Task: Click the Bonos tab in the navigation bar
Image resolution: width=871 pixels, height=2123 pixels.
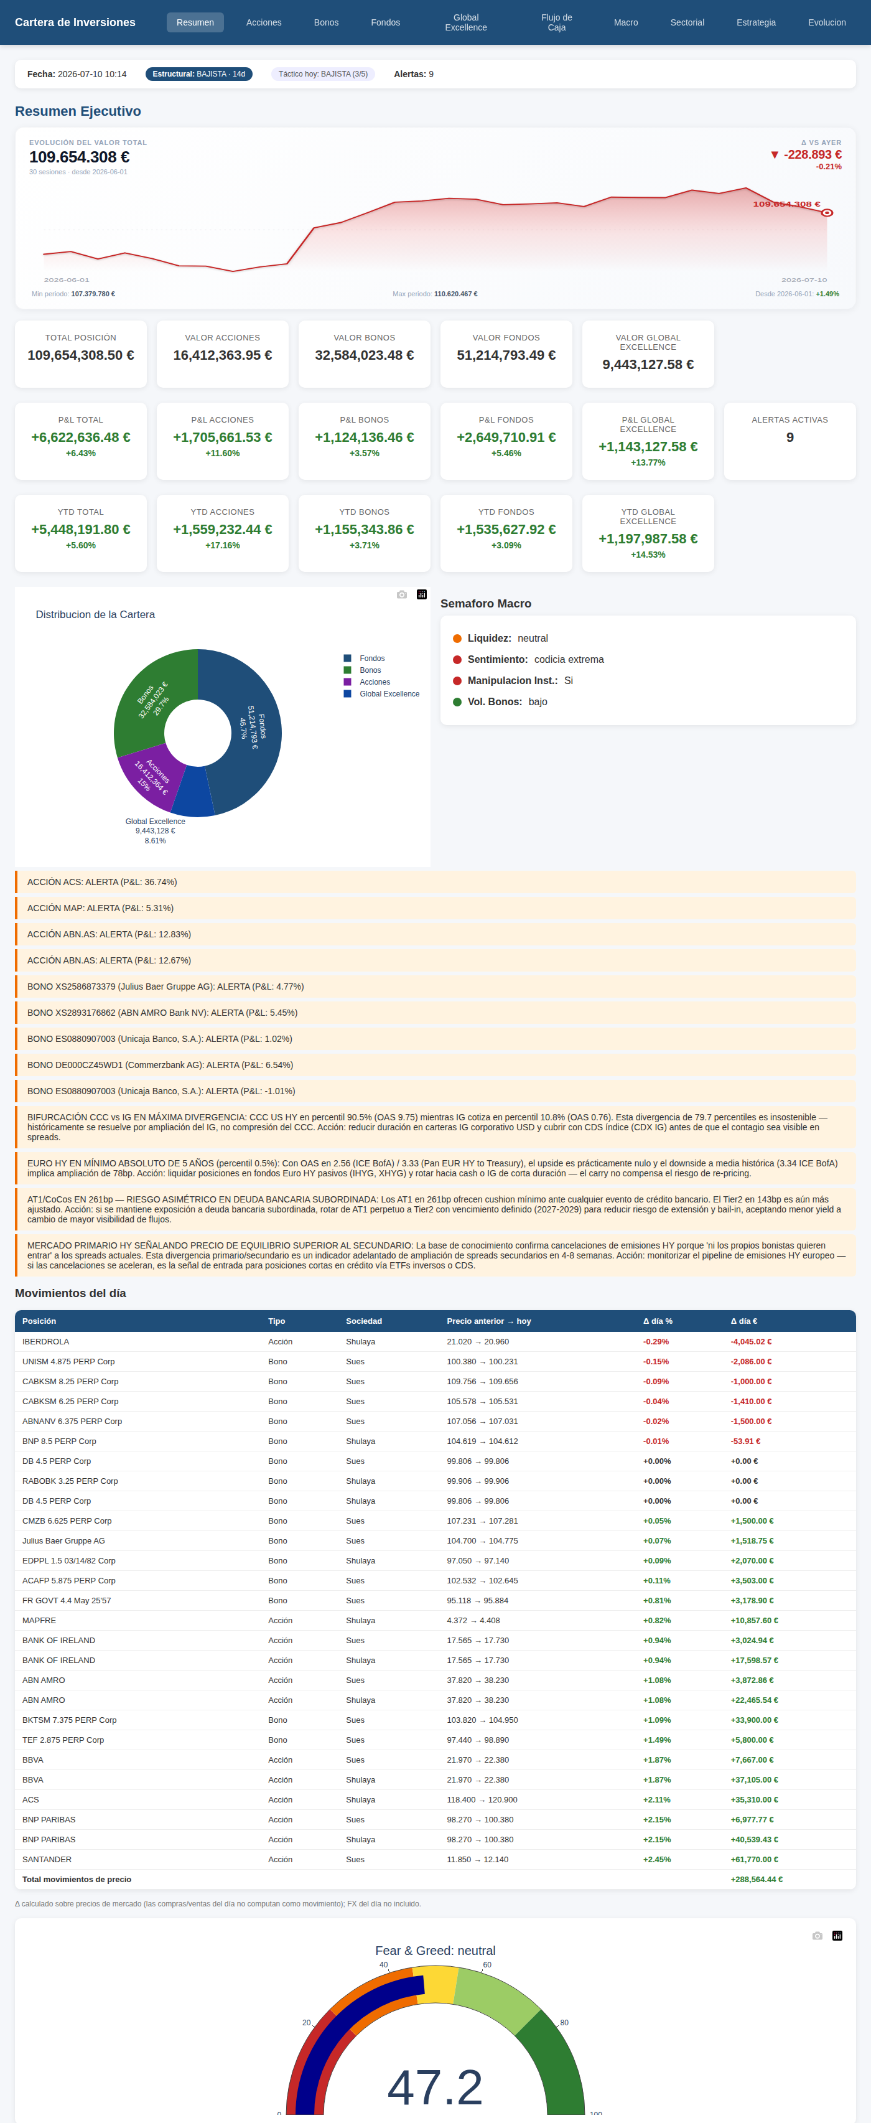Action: click(327, 22)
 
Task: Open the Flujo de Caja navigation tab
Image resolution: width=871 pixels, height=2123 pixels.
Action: click(556, 22)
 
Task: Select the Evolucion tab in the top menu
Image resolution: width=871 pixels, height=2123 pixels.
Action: click(826, 22)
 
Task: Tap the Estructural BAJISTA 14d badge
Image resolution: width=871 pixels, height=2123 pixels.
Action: click(198, 74)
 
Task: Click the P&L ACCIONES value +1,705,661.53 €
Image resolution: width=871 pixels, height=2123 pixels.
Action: click(223, 438)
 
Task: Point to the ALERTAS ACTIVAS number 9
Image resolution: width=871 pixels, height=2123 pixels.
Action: click(789, 438)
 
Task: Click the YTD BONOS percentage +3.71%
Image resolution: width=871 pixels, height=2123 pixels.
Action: click(364, 546)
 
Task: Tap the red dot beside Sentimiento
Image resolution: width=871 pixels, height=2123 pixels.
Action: click(457, 659)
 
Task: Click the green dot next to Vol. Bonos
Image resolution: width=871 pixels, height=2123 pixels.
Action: click(457, 702)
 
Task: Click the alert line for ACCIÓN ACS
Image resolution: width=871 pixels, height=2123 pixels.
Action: click(102, 882)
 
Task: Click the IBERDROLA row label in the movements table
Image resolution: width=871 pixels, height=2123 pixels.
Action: click(45, 1342)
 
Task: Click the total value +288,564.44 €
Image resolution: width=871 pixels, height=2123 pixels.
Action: click(757, 1879)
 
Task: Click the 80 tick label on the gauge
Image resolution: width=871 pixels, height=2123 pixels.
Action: click(564, 2022)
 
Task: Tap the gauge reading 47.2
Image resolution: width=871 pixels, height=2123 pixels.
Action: click(435, 2087)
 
